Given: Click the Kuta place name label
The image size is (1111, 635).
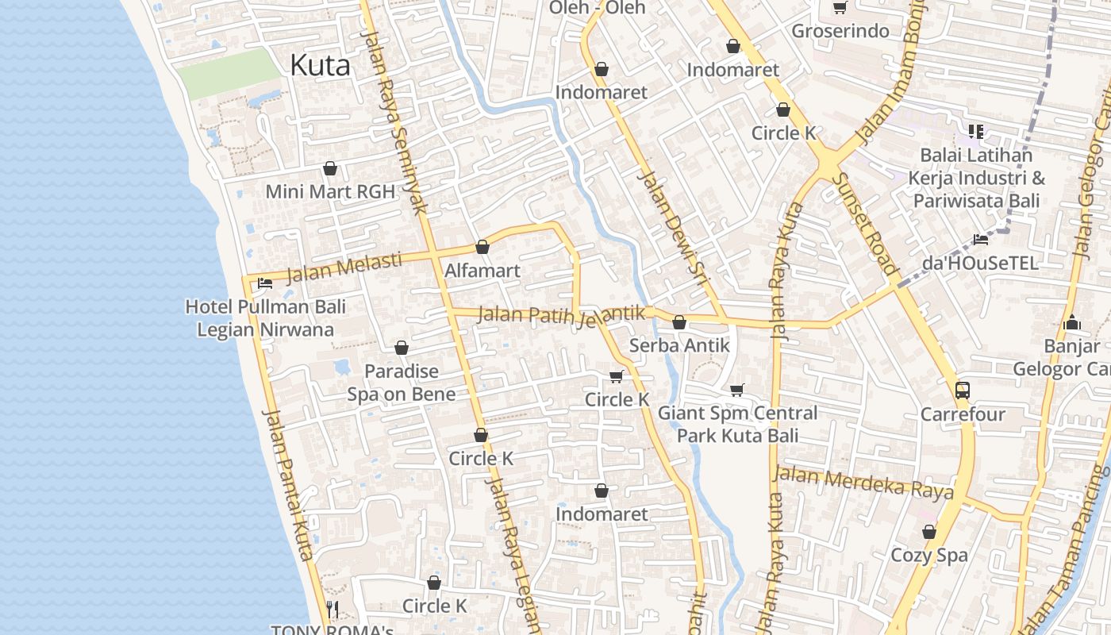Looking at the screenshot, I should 320,65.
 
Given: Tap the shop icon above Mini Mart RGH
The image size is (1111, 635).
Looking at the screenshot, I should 330,168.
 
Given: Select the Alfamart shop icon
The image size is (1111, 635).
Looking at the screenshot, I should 482,247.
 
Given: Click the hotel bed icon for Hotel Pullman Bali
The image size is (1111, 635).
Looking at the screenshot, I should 264,283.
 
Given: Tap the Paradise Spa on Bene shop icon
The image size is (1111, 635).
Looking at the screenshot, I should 402,348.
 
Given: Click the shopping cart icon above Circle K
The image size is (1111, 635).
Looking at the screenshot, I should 616,376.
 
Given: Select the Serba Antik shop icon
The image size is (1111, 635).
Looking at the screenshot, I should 679,322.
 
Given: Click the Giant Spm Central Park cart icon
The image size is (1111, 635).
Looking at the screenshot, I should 737,390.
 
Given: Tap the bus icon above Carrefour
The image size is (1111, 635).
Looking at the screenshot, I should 962,390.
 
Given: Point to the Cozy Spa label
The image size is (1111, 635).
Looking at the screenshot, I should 929,555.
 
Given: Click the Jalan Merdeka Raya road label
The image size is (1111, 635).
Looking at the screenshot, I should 863,483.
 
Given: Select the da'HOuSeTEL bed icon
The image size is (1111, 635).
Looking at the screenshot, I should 981,239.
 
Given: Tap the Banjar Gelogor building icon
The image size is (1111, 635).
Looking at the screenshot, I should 1072,322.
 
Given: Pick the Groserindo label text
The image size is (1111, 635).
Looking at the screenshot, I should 840,32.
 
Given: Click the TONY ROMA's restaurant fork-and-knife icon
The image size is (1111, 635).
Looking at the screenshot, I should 333,610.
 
